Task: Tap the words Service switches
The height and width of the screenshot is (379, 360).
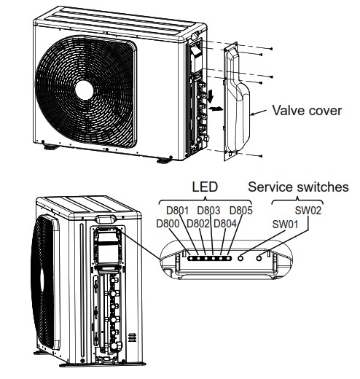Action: pos(299,187)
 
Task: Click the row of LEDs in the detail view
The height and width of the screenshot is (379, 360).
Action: pos(208,257)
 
